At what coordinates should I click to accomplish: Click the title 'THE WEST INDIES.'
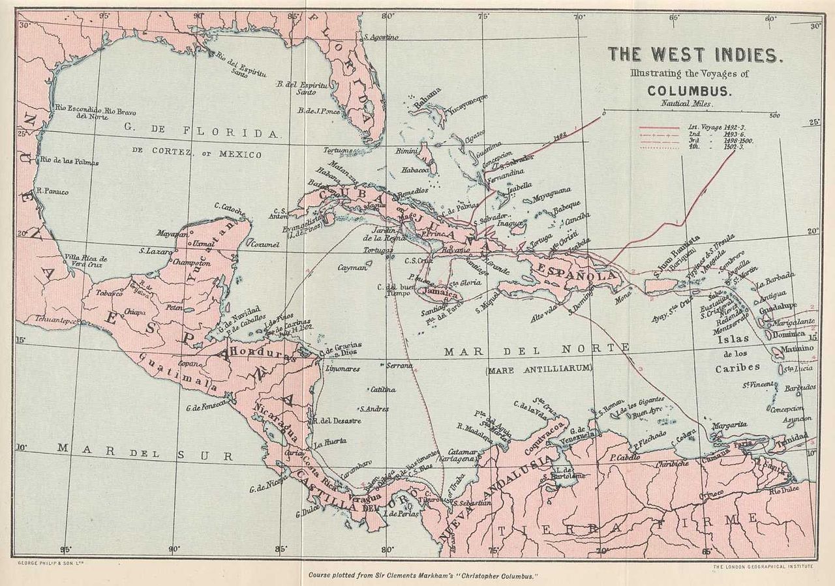pos(694,55)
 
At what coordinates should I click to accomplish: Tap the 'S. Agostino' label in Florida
pos(380,37)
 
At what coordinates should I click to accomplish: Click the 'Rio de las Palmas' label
pos(69,162)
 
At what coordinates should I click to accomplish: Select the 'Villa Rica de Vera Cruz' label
pos(86,261)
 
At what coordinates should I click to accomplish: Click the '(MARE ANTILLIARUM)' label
pos(538,369)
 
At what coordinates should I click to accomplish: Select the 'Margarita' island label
pos(729,425)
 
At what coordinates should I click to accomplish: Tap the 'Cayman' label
pos(352,267)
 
